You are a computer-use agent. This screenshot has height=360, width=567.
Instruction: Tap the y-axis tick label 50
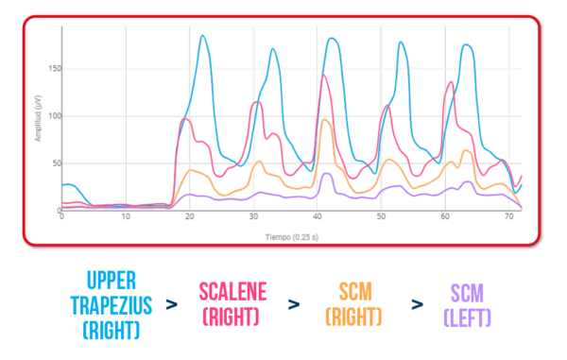click(53, 163)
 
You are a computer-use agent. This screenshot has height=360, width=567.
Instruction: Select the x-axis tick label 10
click(126, 216)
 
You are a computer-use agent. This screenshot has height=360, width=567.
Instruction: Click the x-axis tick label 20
click(190, 216)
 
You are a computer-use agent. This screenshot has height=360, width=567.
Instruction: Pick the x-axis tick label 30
click(254, 216)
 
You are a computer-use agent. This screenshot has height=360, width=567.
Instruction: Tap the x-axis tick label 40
click(318, 216)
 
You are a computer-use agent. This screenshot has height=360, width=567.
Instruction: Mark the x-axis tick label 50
click(382, 216)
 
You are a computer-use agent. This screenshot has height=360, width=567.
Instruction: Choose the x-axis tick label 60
click(445, 216)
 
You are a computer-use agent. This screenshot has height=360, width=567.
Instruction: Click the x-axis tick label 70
click(509, 216)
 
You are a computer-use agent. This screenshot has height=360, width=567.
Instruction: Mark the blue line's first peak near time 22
click(203, 36)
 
